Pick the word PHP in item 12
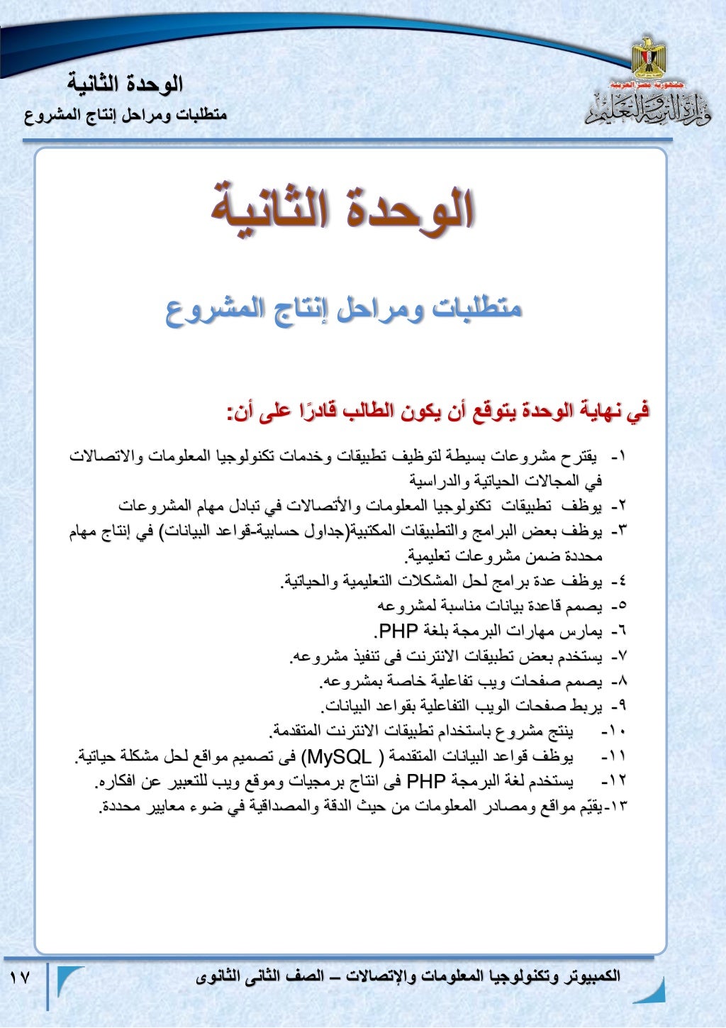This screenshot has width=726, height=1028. click(426, 782)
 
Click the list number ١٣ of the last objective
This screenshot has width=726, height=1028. click(619, 807)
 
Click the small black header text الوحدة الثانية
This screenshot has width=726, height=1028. click(125, 84)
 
